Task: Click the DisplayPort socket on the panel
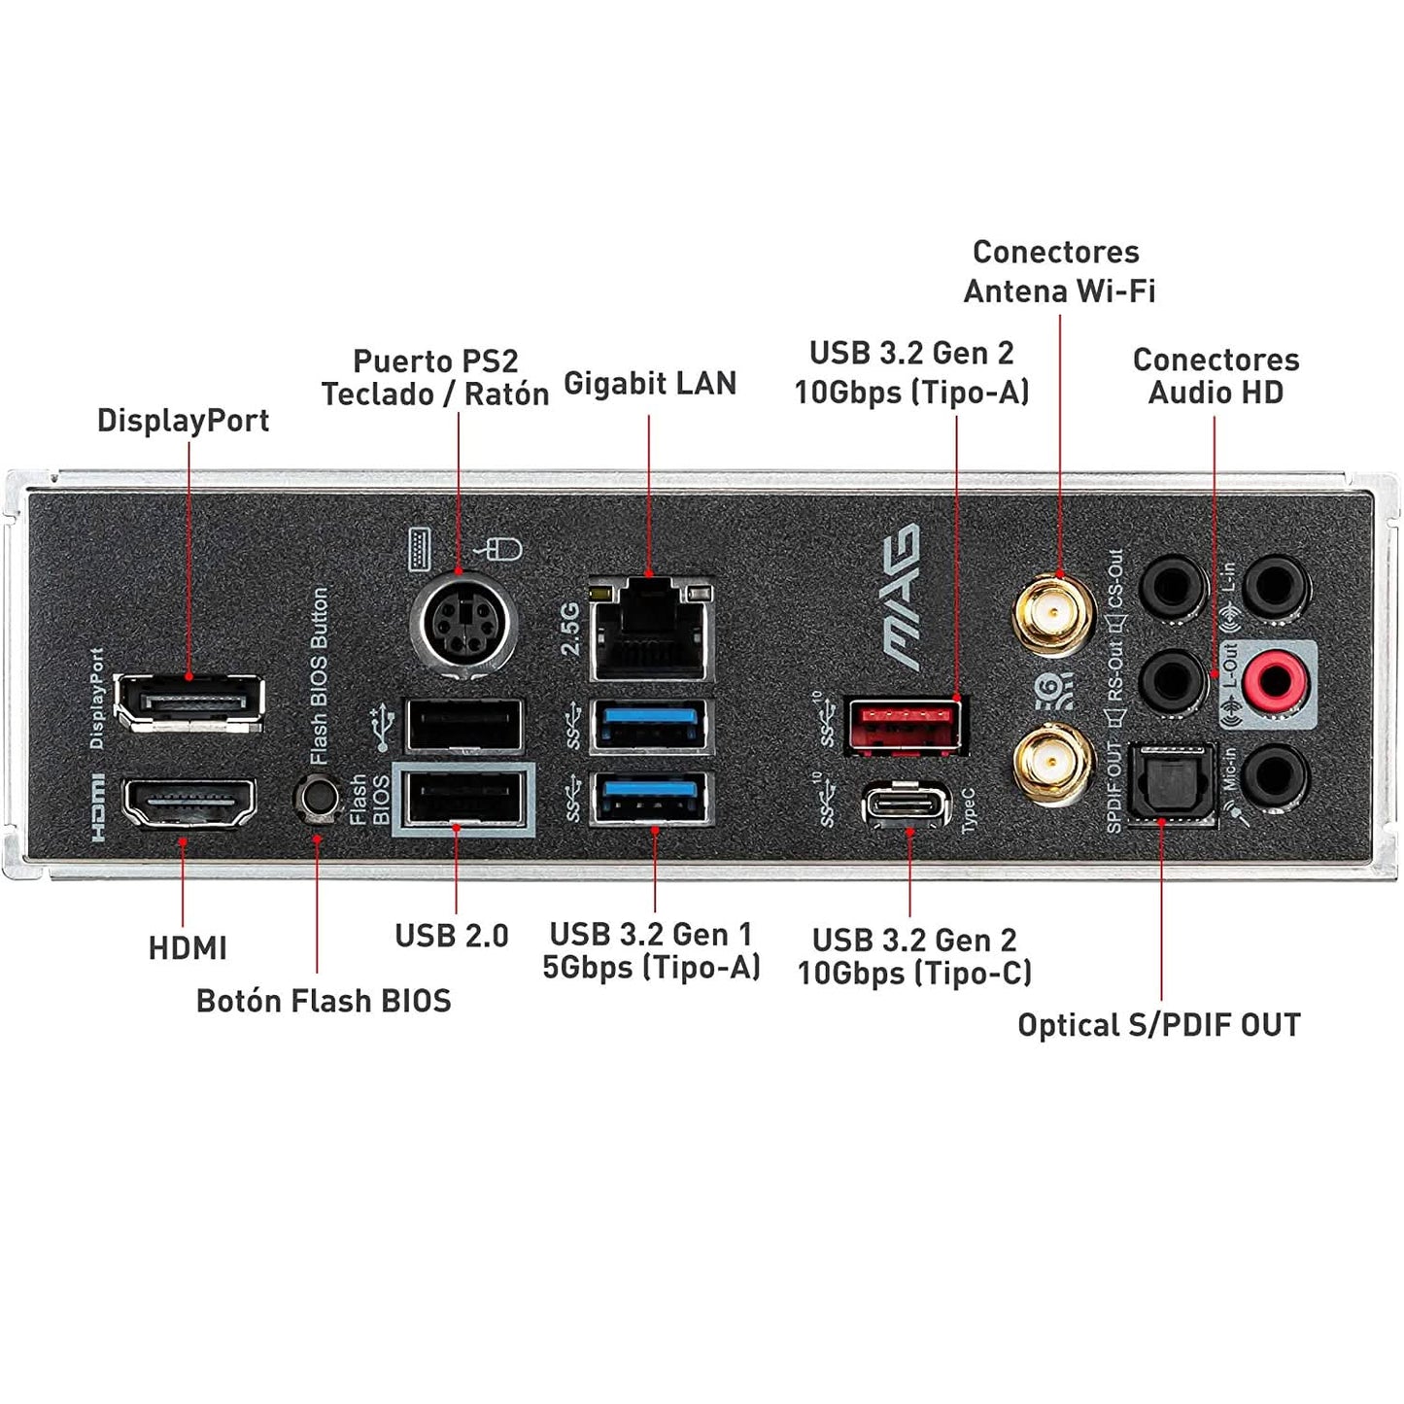tap(188, 701)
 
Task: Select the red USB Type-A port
tap(905, 725)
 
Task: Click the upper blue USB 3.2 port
tap(651, 725)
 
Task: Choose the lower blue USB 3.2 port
tap(651, 798)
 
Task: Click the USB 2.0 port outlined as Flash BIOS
tap(464, 800)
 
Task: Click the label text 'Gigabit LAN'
tap(650, 383)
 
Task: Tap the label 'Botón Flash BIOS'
tap(324, 1001)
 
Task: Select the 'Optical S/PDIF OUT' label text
tap(1158, 1025)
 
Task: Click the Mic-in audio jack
tap(1275, 775)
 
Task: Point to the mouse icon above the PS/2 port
tap(501, 550)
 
